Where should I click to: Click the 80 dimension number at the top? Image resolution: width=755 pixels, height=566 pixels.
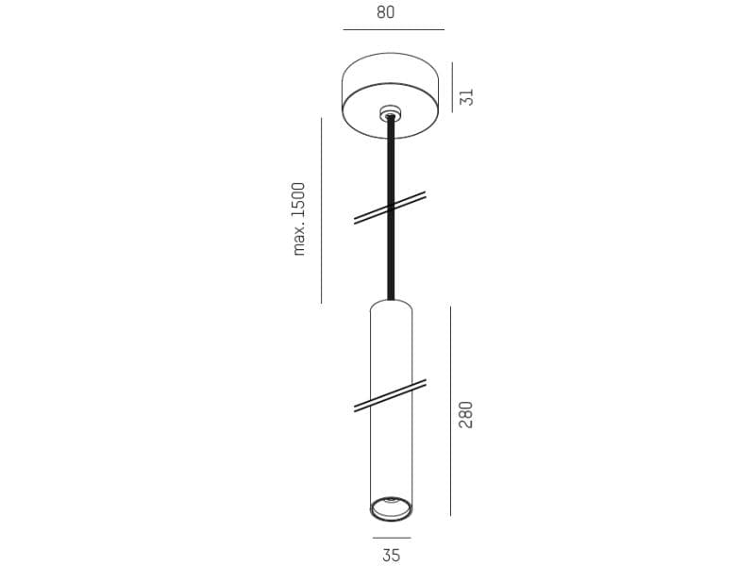pyautogui.click(x=386, y=12)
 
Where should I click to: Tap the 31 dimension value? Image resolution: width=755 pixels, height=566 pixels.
pyautogui.click(x=466, y=97)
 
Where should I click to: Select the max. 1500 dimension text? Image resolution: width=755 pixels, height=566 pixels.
pyautogui.click(x=299, y=219)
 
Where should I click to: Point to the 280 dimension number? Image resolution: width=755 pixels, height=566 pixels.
pyautogui.click(x=466, y=414)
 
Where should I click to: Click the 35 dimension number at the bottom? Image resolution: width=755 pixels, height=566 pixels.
pyautogui.click(x=391, y=555)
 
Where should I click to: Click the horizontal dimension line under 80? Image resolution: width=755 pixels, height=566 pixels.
pyautogui.click(x=394, y=30)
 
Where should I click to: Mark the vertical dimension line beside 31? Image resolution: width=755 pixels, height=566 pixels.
pyautogui.click(x=452, y=87)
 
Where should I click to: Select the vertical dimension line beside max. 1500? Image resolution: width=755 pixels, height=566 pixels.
pyautogui.click(x=321, y=210)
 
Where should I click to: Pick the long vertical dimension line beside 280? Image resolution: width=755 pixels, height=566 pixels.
pyautogui.click(x=451, y=411)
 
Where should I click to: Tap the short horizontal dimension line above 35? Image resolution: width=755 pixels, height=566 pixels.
pyautogui.click(x=392, y=538)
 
